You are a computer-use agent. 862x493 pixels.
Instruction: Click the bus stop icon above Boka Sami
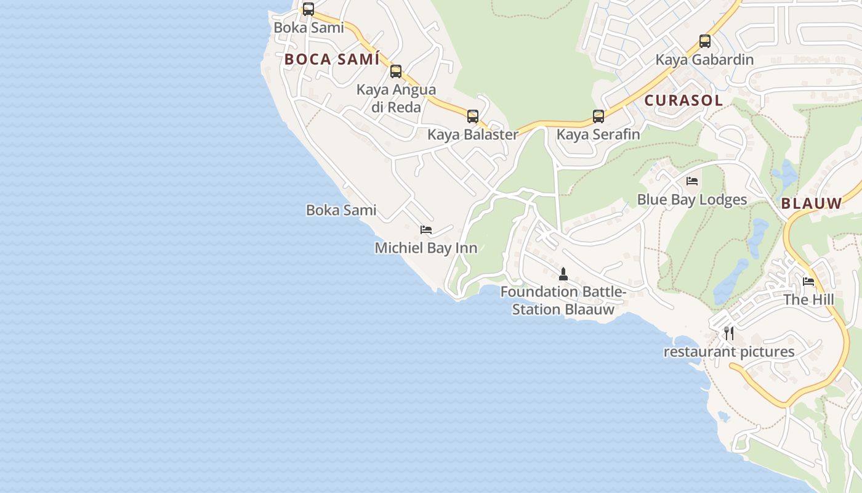[x=308, y=9]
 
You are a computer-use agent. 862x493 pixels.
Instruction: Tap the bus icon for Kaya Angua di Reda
[x=396, y=71]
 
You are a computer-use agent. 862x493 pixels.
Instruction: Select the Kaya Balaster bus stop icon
[x=473, y=116]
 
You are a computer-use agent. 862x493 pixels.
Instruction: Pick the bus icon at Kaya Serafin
[x=598, y=116]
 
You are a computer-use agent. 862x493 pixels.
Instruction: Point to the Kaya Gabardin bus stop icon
[x=705, y=41]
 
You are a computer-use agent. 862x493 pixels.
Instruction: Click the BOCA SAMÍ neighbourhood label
[x=332, y=60]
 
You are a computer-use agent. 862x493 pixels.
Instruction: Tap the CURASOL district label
[x=683, y=100]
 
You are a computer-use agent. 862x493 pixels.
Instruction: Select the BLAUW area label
[x=812, y=204]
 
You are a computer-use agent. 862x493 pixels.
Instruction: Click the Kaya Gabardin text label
[x=704, y=60]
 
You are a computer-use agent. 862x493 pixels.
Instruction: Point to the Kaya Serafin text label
[x=598, y=134]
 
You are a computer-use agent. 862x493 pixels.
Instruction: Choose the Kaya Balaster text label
[x=473, y=134]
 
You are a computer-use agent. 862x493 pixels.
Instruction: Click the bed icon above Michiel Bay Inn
[x=426, y=230]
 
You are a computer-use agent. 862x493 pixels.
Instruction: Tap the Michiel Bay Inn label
[x=426, y=248]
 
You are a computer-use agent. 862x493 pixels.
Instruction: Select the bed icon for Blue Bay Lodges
[x=692, y=181]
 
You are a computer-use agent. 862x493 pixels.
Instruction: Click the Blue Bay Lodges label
[x=692, y=200]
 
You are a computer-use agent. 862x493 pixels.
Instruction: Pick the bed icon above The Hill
[x=808, y=282]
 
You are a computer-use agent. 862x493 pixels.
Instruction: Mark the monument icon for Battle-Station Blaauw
[x=563, y=274]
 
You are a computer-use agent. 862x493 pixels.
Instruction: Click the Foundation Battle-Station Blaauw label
[x=563, y=300]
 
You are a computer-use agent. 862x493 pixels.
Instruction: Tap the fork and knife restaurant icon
[x=729, y=333]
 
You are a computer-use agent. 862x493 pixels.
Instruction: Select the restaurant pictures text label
[x=729, y=352]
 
